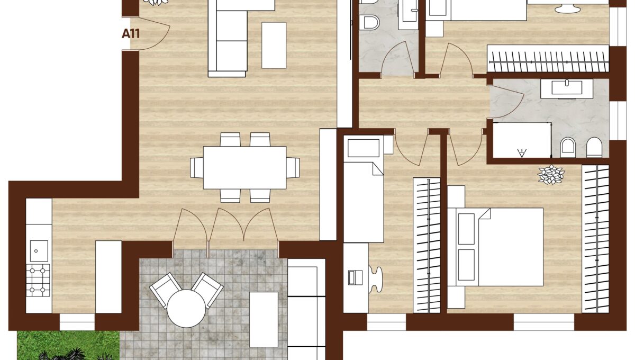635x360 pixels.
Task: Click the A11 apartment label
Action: [131, 34]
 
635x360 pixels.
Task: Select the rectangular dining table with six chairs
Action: [244, 167]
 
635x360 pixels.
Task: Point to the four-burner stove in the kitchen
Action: [38, 280]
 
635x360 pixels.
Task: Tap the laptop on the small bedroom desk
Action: [355, 277]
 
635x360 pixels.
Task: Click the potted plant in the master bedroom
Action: [551, 175]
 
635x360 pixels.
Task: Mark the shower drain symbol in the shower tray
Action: [522, 154]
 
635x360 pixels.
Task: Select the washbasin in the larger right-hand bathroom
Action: [567, 87]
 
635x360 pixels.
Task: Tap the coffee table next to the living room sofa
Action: [274, 45]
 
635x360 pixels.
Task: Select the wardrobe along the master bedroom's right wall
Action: [595, 238]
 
